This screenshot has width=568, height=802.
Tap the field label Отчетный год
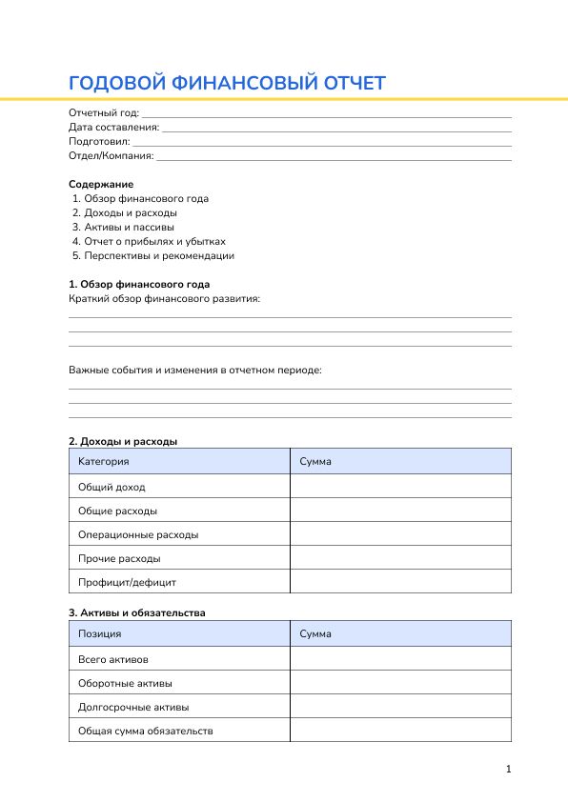tap(103, 113)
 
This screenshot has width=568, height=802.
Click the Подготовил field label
tap(99, 141)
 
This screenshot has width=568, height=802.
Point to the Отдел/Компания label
tap(111, 155)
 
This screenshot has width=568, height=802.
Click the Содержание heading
tap(101, 184)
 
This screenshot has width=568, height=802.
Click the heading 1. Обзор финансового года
tap(139, 285)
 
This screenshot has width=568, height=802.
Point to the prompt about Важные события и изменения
tap(195, 370)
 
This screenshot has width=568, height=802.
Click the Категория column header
tap(104, 462)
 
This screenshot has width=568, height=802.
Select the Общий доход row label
tap(112, 487)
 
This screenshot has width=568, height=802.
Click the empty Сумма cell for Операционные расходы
tap(400, 534)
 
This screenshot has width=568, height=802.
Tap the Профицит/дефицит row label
tap(127, 582)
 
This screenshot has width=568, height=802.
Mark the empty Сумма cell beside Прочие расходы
tap(400, 558)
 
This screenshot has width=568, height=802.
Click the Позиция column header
tap(100, 634)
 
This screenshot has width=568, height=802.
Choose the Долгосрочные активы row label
tap(133, 708)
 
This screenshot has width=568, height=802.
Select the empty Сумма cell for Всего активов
tap(400, 659)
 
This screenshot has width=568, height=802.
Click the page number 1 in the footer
tap(509, 770)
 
